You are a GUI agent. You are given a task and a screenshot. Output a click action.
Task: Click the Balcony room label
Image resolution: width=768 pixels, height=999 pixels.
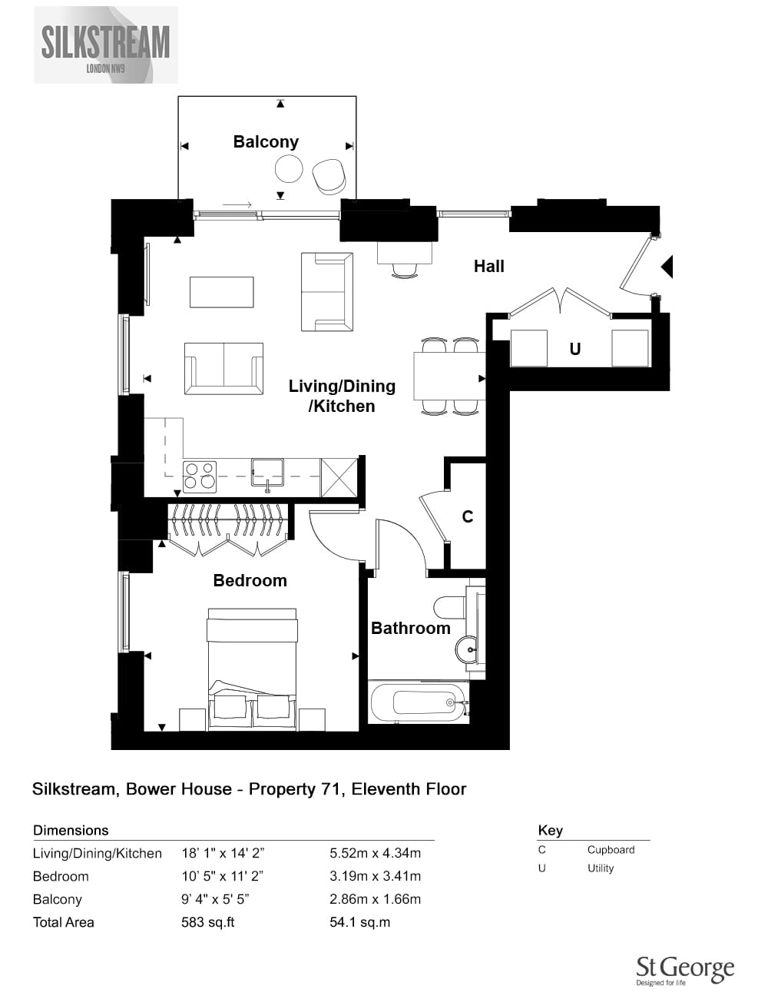[266, 141]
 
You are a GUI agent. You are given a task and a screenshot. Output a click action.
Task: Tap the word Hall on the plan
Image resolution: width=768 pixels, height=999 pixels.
[488, 266]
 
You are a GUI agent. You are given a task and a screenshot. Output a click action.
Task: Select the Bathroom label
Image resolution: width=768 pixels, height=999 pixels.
[411, 628]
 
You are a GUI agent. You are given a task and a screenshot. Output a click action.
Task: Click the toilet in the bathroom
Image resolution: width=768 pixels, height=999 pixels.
[450, 608]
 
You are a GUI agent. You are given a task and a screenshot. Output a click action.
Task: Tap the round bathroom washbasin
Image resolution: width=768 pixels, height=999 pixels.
[467, 649]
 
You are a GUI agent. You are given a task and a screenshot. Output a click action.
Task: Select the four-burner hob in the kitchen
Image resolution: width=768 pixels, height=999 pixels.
[200, 476]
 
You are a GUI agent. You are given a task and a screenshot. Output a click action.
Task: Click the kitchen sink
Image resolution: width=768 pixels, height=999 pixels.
[267, 473]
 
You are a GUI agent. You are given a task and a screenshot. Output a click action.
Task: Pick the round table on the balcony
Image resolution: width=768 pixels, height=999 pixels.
[289, 169]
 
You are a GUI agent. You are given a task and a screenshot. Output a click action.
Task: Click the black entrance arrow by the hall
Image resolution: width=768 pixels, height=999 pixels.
[667, 267]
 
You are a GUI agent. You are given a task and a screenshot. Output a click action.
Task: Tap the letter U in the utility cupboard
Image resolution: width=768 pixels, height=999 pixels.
[574, 350]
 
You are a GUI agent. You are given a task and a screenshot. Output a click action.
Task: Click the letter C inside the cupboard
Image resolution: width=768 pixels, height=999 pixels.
[468, 516]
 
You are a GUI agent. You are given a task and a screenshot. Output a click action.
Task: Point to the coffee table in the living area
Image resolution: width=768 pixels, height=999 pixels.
[222, 292]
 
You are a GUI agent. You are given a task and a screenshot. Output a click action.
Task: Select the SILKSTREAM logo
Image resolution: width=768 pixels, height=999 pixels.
[106, 45]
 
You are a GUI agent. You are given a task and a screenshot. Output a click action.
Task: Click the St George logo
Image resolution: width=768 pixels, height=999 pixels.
[685, 971]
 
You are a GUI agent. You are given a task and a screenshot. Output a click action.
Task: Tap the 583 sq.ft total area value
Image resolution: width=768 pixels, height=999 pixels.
[207, 922]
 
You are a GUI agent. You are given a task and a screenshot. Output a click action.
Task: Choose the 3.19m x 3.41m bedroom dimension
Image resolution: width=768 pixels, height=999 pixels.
[375, 876]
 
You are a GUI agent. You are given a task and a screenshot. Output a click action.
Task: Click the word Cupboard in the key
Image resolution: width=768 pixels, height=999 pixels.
[611, 850]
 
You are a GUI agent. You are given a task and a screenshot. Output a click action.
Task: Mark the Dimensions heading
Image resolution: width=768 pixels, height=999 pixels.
[71, 830]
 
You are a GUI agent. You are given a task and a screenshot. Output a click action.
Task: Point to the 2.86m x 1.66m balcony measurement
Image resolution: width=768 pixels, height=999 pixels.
[375, 899]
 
